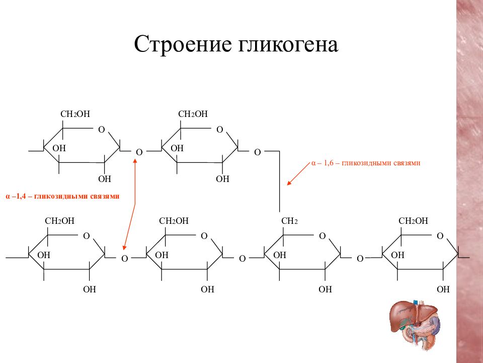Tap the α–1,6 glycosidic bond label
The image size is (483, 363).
(366, 163)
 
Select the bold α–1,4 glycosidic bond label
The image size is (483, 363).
(62, 196)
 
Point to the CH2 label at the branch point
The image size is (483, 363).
(289, 221)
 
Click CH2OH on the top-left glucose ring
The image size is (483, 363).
(75, 114)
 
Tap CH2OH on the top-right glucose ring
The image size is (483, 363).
(193, 114)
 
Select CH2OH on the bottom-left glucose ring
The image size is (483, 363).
(60, 221)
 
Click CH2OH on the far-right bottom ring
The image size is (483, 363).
(413, 221)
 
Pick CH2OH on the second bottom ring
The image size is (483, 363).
(174, 221)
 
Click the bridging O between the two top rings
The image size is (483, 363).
(139, 152)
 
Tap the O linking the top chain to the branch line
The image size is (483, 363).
(257, 152)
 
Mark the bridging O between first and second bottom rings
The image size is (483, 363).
(124, 259)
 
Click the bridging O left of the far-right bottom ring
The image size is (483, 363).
(360, 259)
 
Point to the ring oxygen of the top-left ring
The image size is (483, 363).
(102, 130)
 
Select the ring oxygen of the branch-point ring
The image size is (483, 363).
(322, 236)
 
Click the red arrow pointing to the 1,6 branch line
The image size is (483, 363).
(298, 174)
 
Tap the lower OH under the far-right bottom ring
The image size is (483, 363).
(443, 289)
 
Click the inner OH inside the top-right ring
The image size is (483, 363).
(177, 148)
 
